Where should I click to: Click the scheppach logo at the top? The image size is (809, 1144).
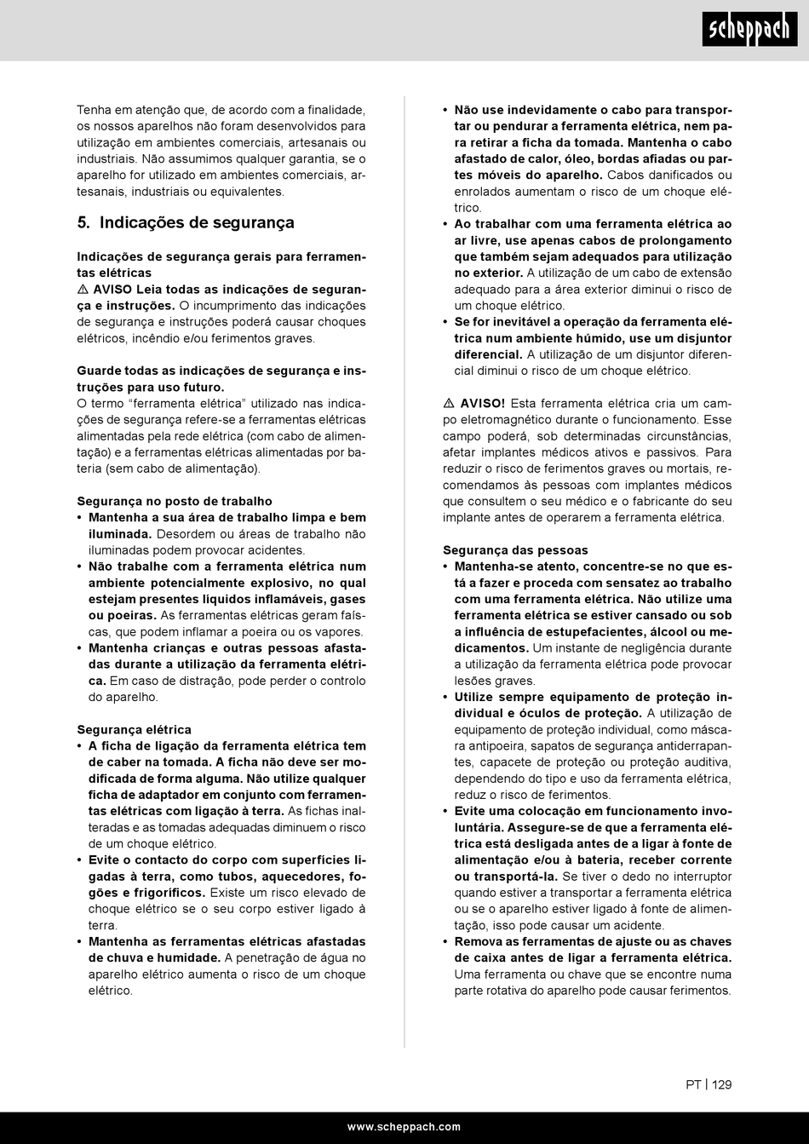coord(749,31)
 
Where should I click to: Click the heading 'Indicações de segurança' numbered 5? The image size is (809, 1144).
coord(197,223)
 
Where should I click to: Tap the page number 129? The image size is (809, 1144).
coord(722,1085)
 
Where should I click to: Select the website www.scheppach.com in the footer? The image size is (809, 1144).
coord(404,1127)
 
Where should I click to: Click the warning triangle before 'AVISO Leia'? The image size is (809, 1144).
coord(83,290)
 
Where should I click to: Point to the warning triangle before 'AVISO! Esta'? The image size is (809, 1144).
coord(449,403)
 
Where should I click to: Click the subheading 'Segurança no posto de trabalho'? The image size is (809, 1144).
coord(175,501)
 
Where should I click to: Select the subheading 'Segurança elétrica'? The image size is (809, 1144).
coord(134,729)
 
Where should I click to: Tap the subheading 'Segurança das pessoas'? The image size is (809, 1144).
coord(515,550)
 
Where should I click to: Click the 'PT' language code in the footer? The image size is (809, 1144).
coord(693,1085)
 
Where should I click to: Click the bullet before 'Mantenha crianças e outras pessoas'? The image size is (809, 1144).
coord(80,648)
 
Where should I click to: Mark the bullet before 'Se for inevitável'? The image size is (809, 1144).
coord(446,322)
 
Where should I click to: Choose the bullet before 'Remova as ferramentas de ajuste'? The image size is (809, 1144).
coord(446,942)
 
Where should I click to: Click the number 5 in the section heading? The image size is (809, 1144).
coord(83,223)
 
